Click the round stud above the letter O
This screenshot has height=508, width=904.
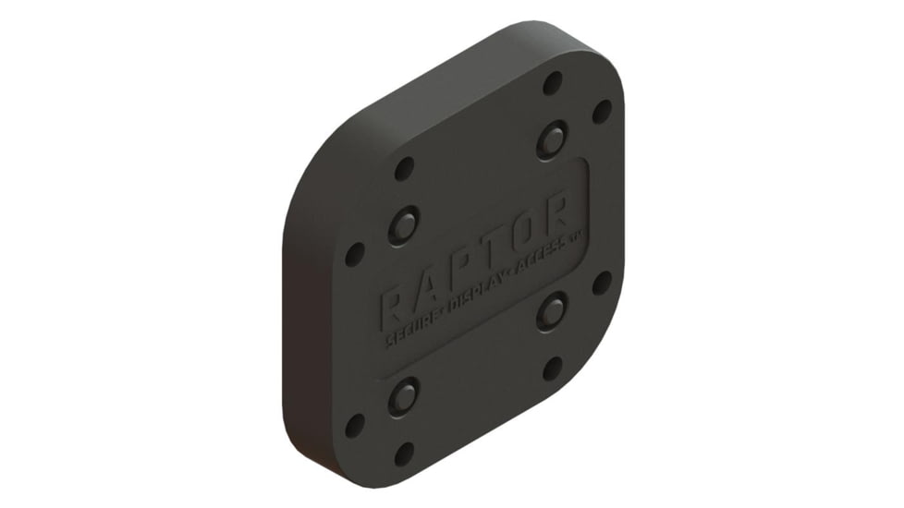552,140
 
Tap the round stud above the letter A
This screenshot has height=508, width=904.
404,224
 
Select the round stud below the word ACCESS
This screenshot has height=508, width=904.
552,312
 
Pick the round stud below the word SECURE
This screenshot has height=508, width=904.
404,396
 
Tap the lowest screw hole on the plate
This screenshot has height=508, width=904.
404,454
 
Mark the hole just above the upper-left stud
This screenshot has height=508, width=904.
404,169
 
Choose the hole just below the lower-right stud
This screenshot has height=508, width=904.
553,369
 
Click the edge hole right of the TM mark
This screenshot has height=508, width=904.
602,283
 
